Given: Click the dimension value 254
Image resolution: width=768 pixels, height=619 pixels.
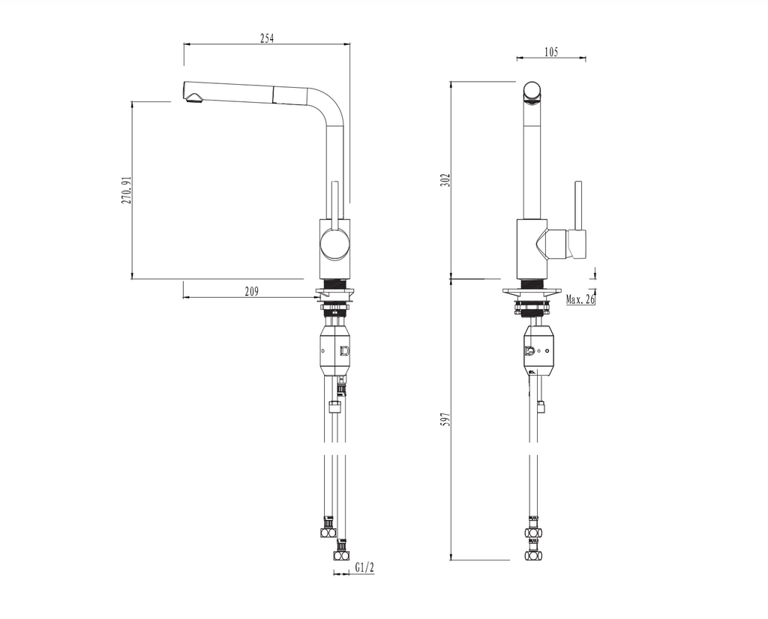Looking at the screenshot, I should (266, 39).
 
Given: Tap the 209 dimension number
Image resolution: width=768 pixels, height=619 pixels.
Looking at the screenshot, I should (252, 293).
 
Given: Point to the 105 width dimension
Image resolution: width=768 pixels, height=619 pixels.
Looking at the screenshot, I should (550, 52).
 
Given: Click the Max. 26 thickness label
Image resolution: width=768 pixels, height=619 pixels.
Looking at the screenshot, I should (580, 299).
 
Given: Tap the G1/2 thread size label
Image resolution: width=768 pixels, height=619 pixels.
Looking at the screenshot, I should (364, 568).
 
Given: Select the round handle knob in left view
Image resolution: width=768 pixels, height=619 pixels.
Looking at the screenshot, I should (333, 245).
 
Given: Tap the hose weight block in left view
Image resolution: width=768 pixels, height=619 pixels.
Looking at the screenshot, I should (334, 350).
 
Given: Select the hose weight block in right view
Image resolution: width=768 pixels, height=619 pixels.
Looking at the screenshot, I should (537, 350).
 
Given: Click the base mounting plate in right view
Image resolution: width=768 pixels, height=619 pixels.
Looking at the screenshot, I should (532, 291).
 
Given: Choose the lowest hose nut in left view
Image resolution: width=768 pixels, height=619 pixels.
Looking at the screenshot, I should (341, 555).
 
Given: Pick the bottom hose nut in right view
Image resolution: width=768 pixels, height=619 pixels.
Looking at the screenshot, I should (533, 556).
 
